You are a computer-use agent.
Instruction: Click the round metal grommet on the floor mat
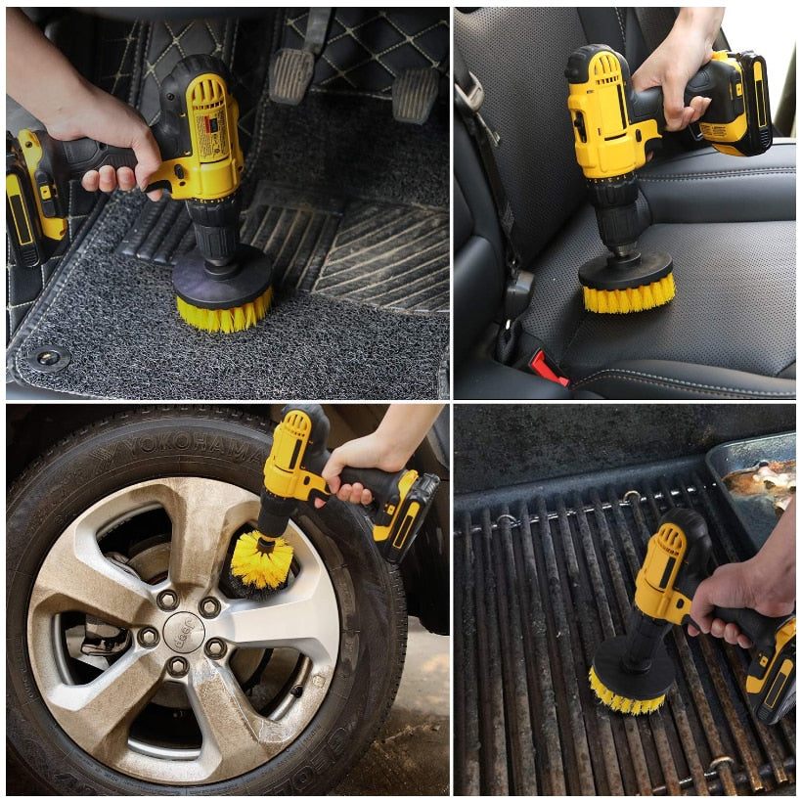pos(48,358)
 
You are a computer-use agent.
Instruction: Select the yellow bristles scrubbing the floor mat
pos(222,312)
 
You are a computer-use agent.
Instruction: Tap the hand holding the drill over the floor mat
pos(108,147)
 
